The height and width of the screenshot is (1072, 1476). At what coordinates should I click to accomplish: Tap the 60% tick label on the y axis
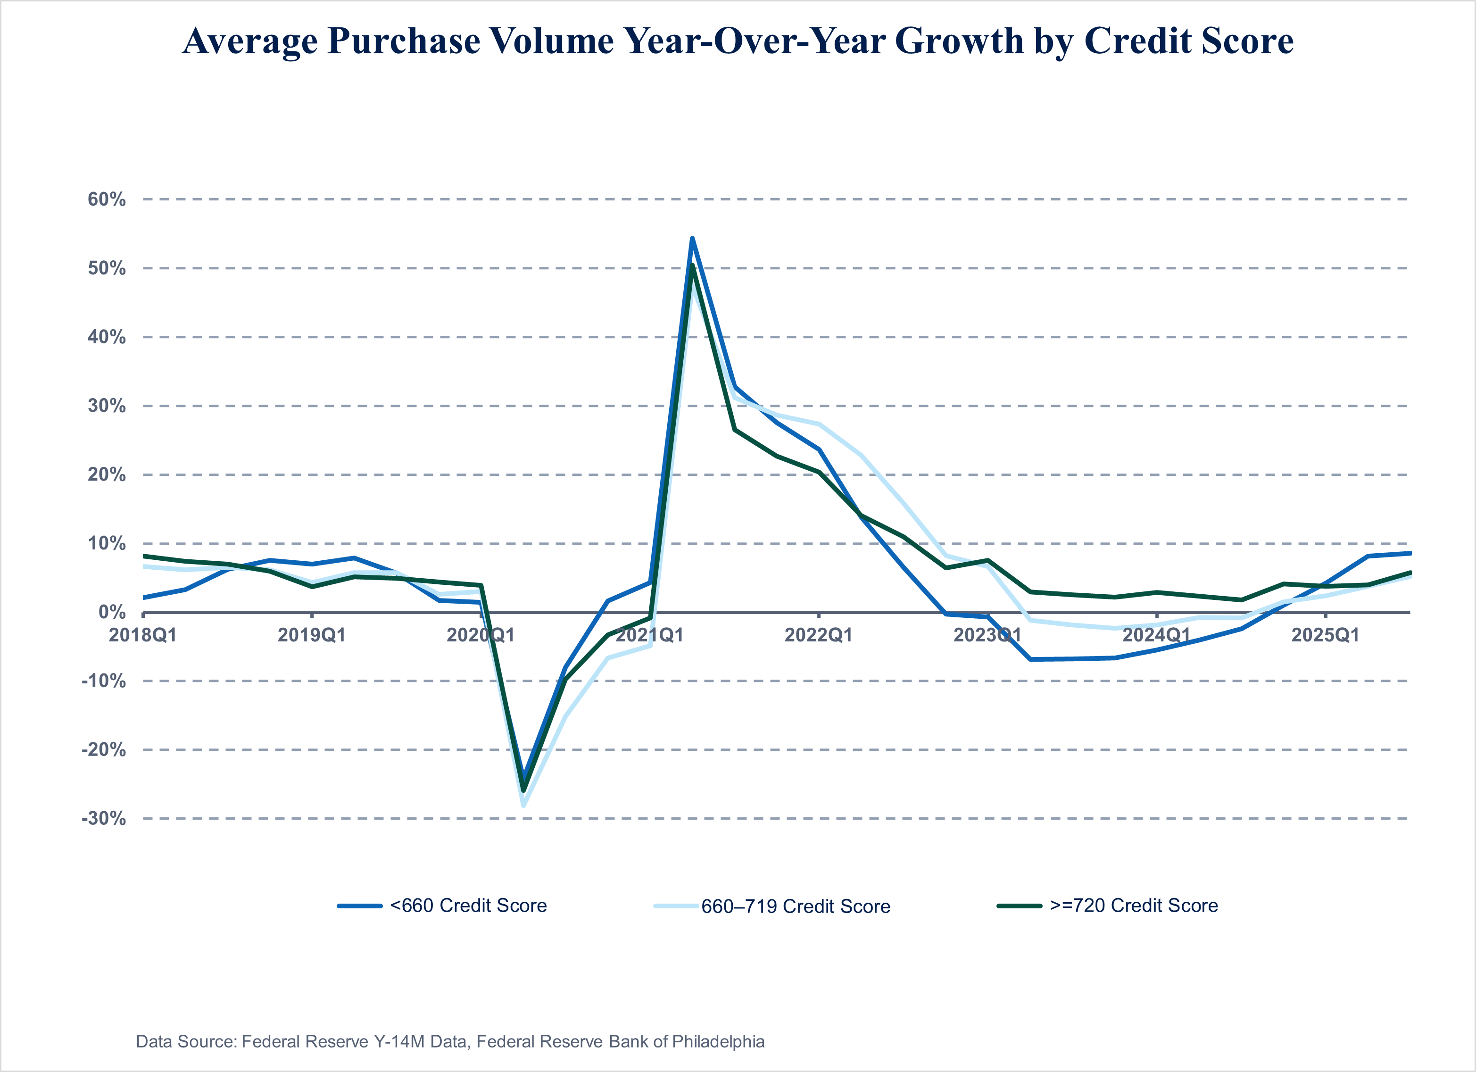click(x=107, y=199)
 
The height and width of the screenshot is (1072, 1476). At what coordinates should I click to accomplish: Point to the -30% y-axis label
click(x=103, y=818)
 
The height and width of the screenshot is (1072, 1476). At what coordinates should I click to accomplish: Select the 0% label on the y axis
click(x=112, y=612)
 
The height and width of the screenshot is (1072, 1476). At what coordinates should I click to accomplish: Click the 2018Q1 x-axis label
click(x=142, y=635)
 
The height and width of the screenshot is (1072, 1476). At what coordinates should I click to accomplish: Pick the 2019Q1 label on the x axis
click(x=312, y=635)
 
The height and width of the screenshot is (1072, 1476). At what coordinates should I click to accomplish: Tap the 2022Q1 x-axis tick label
click(x=818, y=635)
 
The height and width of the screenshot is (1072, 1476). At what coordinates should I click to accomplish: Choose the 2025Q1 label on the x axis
click(x=1325, y=635)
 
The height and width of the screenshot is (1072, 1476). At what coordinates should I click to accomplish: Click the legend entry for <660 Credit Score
click(x=468, y=906)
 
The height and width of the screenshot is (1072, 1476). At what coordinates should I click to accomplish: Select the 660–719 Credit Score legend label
click(x=795, y=906)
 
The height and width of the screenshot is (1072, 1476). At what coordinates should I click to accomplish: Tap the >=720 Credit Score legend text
click(x=1134, y=906)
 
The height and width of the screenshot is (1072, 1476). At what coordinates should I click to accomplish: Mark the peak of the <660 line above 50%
click(x=692, y=238)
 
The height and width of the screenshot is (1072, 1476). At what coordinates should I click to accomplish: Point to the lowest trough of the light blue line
click(x=523, y=805)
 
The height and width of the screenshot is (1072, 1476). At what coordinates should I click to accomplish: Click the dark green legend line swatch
click(x=1019, y=906)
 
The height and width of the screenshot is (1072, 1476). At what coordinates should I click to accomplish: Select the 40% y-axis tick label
click(x=107, y=337)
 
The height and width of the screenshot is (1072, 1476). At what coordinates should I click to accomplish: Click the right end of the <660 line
click(x=1409, y=553)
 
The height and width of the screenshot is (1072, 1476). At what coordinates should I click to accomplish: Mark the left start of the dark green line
click(x=144, y=556)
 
